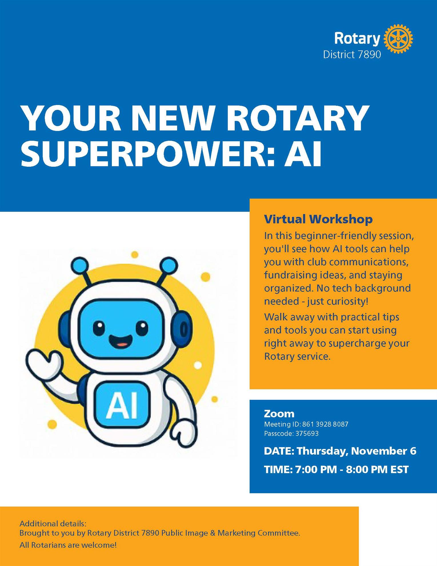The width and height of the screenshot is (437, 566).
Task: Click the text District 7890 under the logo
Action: click(352, 54)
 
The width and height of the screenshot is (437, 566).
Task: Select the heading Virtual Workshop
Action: click(318, 219)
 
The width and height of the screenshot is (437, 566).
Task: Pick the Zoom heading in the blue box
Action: click(279, 414)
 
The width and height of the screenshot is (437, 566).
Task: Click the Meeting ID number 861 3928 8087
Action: click(325, 424)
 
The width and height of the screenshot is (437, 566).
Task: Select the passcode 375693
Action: click(307, 434)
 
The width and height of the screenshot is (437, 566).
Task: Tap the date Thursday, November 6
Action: click(356, 451)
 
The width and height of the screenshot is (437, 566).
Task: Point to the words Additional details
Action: click(53, 524)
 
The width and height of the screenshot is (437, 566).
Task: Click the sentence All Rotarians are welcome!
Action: click(68, 545)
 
